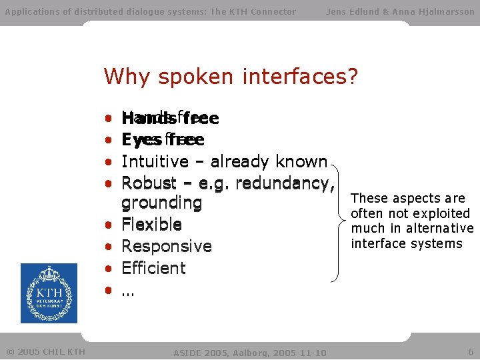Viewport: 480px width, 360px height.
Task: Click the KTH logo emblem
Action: (x=49, y=293)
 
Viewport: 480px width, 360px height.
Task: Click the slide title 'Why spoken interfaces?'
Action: (x=231, y=77)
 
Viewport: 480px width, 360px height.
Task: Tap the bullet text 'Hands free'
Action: (x=170, y=119)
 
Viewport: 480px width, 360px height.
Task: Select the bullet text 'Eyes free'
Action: (x=163, y=140)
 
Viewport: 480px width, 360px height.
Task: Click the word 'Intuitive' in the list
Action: (x=155, y=162)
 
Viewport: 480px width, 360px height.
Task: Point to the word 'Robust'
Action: (x=149, y=183)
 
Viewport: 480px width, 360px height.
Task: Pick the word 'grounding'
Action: (x=161, y=203)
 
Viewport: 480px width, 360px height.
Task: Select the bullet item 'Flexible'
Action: (x=151, y=225)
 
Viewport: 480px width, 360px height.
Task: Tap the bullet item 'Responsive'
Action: (x=167, y=247)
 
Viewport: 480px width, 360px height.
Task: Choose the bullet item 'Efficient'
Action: (x=154, y=268)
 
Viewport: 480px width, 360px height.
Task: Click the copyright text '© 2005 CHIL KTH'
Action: (x=46, y=351)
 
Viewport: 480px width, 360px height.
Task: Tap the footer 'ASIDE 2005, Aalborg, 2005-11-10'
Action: (x=250, y=352)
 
